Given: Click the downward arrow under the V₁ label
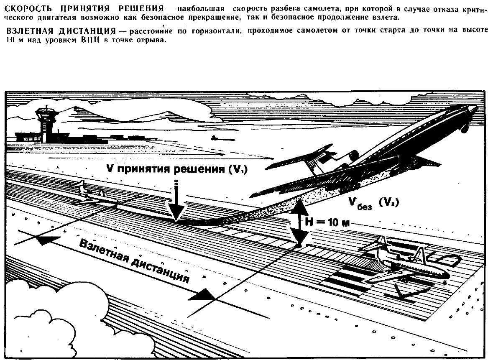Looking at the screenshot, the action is (x=176, y=201).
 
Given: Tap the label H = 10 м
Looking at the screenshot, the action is (x=327, y=222).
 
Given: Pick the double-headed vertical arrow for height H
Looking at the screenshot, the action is (x=299, y=222).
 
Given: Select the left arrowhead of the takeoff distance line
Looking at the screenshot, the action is (x=47, y=240).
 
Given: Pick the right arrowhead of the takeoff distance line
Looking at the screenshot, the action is (x=202, y=295).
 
